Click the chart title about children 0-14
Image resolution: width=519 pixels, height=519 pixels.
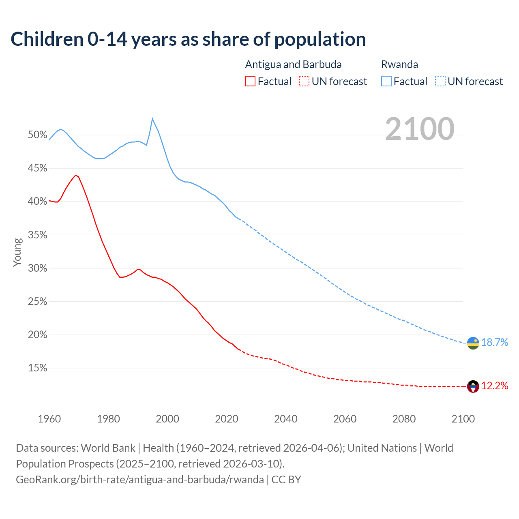click(x=188, y=39)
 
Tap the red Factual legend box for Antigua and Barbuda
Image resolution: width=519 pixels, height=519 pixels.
click(x=250, y=81)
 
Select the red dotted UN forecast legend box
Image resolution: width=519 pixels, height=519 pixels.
click(x=304, y=81)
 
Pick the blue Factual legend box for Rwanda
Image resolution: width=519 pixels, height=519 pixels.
click(x=386, y=81)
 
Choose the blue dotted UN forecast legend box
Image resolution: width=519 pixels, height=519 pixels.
click(x=440, y=81)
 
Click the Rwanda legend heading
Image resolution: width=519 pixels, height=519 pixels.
click(x=399, y=64)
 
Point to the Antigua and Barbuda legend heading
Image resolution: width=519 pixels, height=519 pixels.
click(x=293, y=64)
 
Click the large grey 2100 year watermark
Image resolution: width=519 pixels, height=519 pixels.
click(x=420, y=129)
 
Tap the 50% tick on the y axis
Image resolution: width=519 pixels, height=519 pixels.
click(x=38, y=135)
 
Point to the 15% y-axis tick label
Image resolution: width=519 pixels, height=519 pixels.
click(x=38, y=368)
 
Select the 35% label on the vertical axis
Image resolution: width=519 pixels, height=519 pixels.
click(x=38, y=235)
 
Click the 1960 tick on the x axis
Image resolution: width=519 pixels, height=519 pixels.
click(x=49, y=419)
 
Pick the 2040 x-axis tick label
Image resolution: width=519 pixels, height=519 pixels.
click(x=286, y=419)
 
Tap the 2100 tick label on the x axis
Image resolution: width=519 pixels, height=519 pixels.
click(x=463, y=419)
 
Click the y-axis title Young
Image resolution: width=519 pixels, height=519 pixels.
click(x=17, y=252)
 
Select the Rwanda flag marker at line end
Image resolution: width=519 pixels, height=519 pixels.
click(x=473, y=343)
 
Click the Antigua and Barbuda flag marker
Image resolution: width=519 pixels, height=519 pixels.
click(x=473, y=386)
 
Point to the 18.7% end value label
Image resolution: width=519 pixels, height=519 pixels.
click(x=495, y=343)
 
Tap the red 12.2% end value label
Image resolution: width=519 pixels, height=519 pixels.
click(x=495, y=386)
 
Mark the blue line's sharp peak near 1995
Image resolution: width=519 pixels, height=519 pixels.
click(x=152, y=119)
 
